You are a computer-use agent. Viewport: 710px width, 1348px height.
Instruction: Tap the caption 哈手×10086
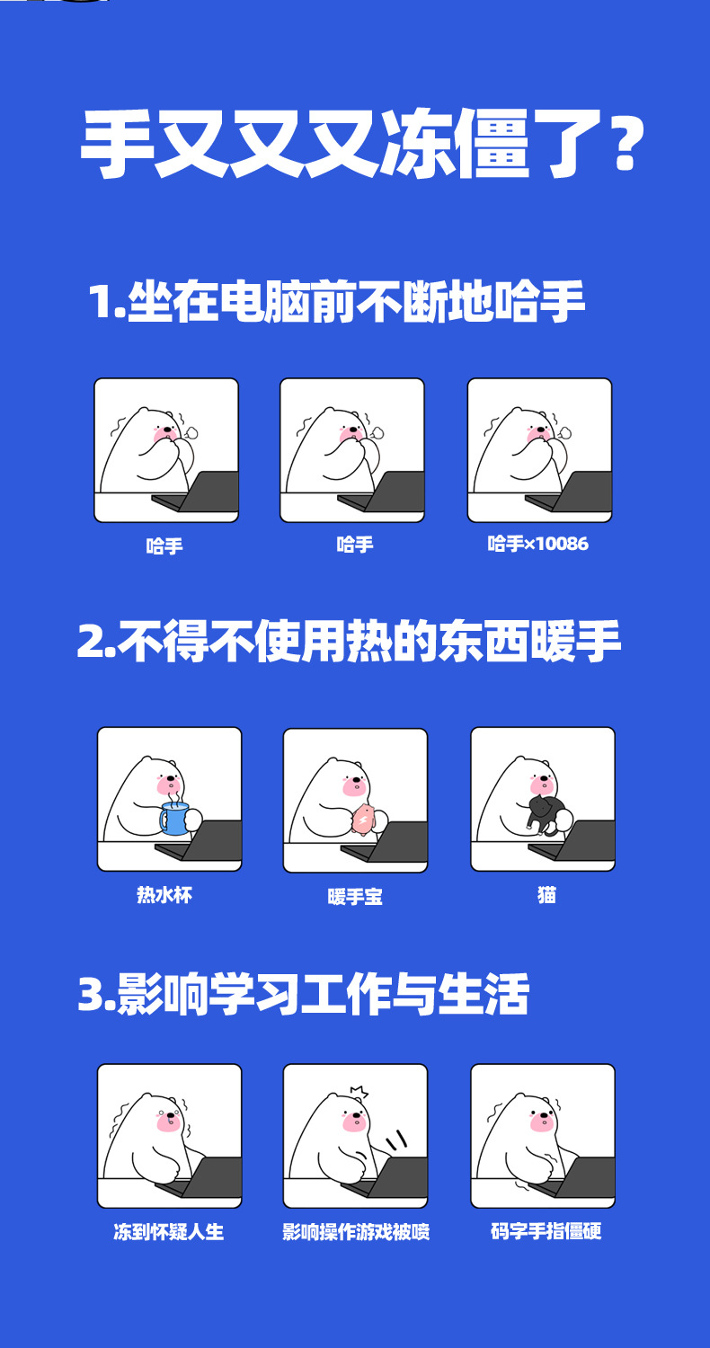click(537, 544)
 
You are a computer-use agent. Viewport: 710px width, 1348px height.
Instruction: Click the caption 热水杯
click(164, 895)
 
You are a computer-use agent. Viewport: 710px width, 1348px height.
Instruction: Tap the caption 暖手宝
click(355, 896)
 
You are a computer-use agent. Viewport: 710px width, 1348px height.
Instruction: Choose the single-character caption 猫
click(546, 895)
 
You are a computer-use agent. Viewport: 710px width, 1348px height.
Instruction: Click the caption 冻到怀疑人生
click(168, 1231)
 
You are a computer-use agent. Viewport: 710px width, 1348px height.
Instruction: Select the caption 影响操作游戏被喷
click(355, 1231)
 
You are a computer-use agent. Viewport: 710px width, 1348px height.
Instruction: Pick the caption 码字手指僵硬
click(546, 1231)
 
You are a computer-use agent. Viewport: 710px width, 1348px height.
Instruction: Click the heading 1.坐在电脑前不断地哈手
click(336, 302)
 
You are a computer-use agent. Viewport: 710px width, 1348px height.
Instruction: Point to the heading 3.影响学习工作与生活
click(303, 994)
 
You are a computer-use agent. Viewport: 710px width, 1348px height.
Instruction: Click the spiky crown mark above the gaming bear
click(359, 1092)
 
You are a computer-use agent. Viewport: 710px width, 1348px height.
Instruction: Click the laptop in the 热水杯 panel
click(205, 842)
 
